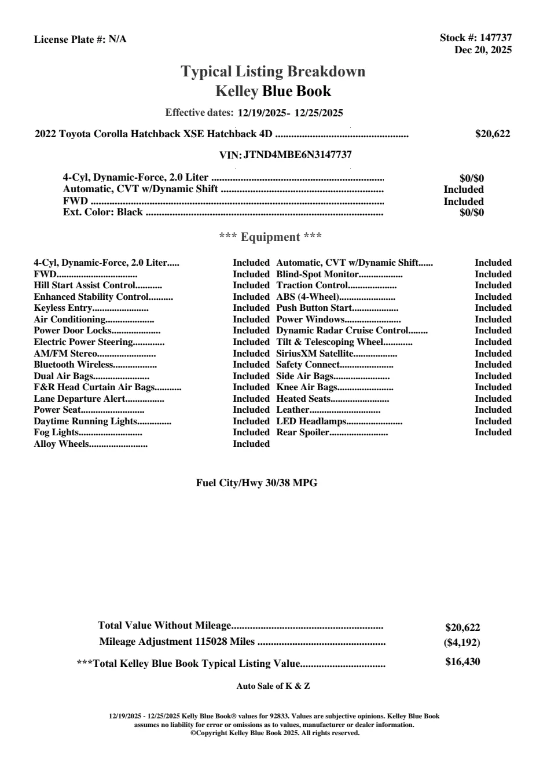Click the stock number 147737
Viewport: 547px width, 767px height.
click(x=496, y=38)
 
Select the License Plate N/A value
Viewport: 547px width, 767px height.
click(x=118, y=39)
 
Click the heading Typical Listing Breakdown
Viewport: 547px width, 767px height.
click(x=273, y=72)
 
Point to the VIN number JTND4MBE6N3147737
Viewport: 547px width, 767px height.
click(x=298, y=155)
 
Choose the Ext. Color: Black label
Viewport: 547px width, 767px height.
click(x=102, y=212)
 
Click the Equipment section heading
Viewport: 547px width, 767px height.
click(x=270, y=237)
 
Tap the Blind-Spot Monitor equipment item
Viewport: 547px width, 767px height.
click(x=317, y=274)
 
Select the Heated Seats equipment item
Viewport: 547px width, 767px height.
click(x=303, y=399)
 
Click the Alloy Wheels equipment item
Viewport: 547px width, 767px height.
click(x=61, y=444)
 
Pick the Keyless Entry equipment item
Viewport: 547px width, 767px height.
click(x=63, y=308)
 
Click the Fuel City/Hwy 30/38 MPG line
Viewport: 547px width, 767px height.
click(x=256, y=483)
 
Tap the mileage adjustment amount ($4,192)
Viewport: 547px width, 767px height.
click(x=461, y=643)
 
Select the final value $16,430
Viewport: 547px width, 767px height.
click(x=462, y=662)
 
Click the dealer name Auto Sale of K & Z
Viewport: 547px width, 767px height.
click(x=273, y=686)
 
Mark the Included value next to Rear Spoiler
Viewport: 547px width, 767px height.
click(x=493, y=432)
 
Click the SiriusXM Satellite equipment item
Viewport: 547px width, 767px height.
click(x=314, y=354)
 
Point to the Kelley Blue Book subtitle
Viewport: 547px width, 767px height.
click(x=273, y=91)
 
